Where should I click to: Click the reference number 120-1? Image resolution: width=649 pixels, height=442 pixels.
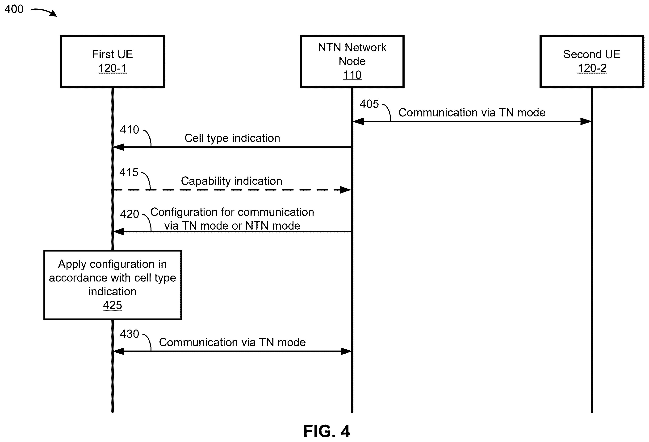[113, 68]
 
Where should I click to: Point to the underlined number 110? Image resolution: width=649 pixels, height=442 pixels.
[352, 75]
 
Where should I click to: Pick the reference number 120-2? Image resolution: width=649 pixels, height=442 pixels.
[592, 68]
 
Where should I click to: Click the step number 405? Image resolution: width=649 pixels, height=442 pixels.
[369, 104]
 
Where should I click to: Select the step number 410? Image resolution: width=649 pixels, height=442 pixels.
[130, 130]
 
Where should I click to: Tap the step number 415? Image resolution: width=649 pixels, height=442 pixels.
[129, 173]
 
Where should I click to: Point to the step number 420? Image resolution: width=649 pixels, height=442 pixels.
[130, 214]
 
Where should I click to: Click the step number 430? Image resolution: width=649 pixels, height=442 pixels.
[130, 334]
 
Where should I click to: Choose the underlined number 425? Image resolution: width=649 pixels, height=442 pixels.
[113, 305]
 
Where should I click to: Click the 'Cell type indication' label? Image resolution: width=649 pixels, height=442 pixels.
[232, 138]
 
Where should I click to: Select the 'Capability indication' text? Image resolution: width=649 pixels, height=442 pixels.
[231, 181]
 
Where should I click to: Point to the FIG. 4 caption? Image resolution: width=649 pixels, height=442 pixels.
[327, 431]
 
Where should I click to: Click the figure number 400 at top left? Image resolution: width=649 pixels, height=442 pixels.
[14, 9]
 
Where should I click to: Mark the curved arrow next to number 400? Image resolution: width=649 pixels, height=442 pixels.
[44, 12]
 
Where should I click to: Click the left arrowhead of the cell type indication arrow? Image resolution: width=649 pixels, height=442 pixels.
[118, 147]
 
